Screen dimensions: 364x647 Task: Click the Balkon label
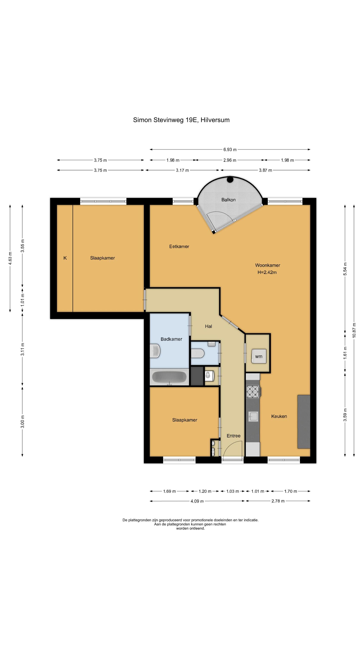pyautogui.click(x=228, y=200)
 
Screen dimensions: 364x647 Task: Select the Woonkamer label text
pyautogui.click(x=268, y=265)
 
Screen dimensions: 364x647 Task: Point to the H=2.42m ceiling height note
pyautogui.click(x=267, y=272)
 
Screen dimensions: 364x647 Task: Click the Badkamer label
pyautogui.click(x=171, y=339)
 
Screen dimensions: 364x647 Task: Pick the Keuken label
pyautogui.click(x=279, y=416)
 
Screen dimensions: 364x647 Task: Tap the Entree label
pyautogui.click(x=234, y=436)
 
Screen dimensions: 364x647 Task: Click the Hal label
pyautogui.click(x=209, y=326)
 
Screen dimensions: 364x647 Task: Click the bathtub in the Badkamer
pyautogui.click(x=169, y=377)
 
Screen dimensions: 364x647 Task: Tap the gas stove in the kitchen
pyautogui.click(x=253, y=392)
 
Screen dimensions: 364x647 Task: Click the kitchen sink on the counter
pyautogui.click(x=253, y=416)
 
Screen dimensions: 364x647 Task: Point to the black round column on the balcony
pyautogui.click(x=230, y=180)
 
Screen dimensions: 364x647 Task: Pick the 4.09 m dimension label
pyautogui.click(x=197, y=501)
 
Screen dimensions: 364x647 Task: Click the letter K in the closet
pyautogui.click(x=65, y=258)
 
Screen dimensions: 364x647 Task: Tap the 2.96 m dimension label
pyautogui.click(x=230, y=160)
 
